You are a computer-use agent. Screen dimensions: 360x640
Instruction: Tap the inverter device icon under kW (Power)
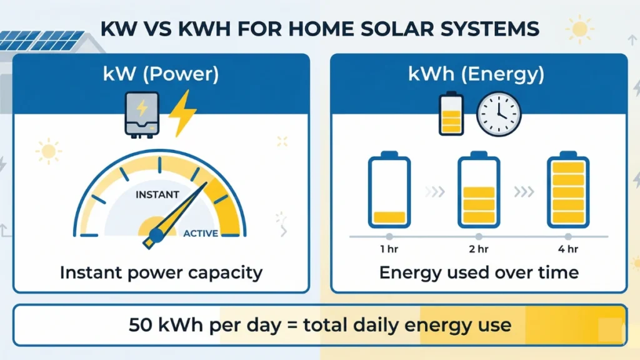142,114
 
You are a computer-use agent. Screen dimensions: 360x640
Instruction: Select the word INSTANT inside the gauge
157,195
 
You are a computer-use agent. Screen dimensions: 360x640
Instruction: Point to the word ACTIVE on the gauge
201,234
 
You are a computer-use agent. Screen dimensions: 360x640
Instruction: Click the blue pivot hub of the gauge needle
156,236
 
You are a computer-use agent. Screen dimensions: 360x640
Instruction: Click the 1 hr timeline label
389,250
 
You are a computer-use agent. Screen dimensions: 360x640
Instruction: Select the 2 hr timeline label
478,250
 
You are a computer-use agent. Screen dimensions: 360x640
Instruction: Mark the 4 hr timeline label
567,250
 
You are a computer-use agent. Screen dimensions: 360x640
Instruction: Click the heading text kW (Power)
161,75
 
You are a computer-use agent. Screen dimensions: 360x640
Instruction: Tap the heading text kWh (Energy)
477,75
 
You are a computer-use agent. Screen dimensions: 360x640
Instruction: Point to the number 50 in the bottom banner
141,325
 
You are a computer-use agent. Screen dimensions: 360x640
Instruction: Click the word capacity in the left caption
227,273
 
